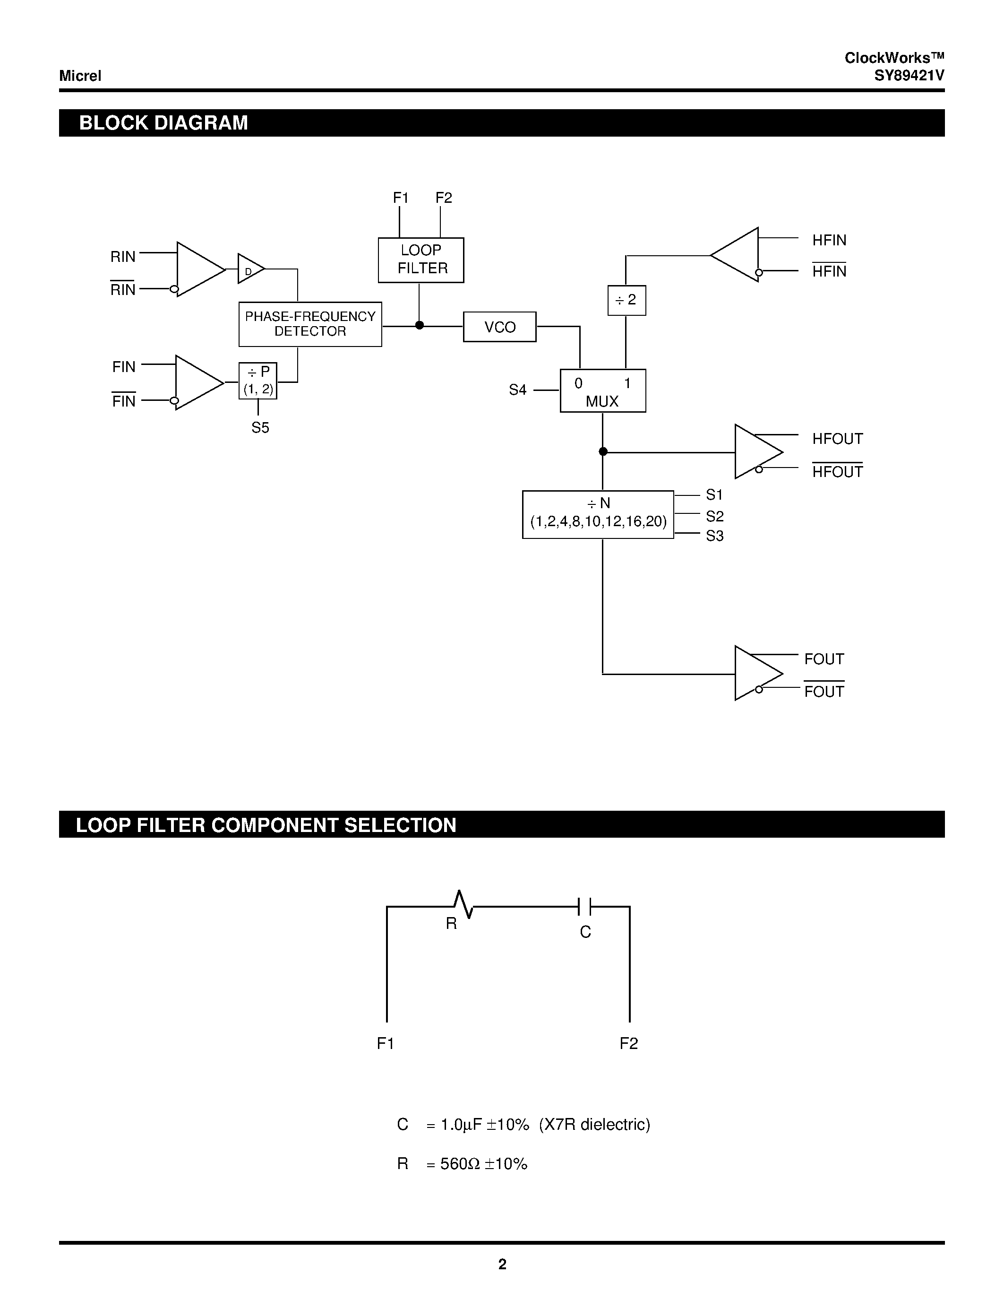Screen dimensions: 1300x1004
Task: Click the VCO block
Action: pyautogui.click(x=499, y=327)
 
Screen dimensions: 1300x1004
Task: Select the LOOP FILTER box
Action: pyautogui.click(x=421, y=260)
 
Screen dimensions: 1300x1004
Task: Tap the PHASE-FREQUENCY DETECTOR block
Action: pyautogui.click(x=310, y=324)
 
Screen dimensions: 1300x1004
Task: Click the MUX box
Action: pyautogui.click(x=602, y=391)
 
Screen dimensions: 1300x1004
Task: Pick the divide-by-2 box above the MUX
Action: pyautogui.click(x=626, y=300)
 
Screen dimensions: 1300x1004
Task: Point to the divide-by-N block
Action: pyautogui.click(x=598, y=514)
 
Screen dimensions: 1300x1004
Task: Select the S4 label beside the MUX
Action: pyautogui.click(x=517, y=390)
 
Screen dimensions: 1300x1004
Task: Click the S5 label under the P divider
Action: pyautogui.click(x=260, y=427)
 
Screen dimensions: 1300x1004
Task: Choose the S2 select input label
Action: pyautogui.click(x=714, y=516)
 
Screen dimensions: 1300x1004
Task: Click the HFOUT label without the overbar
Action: pyautogui.click(x=837, y=439)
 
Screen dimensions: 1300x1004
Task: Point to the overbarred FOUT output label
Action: pyautogui.click(x=824, y=691)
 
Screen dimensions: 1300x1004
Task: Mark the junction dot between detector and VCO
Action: pyautogui.click(x=420, y=325)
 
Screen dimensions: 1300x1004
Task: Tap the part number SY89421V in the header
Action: pyautogui.click(x=909, y=76)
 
